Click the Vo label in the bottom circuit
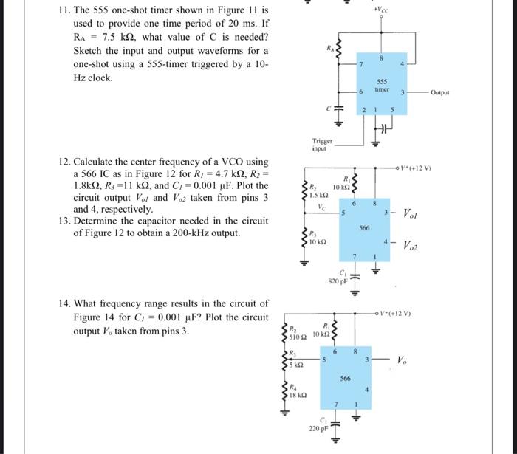tap(403, 360)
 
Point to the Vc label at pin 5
tap(321, 208)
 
